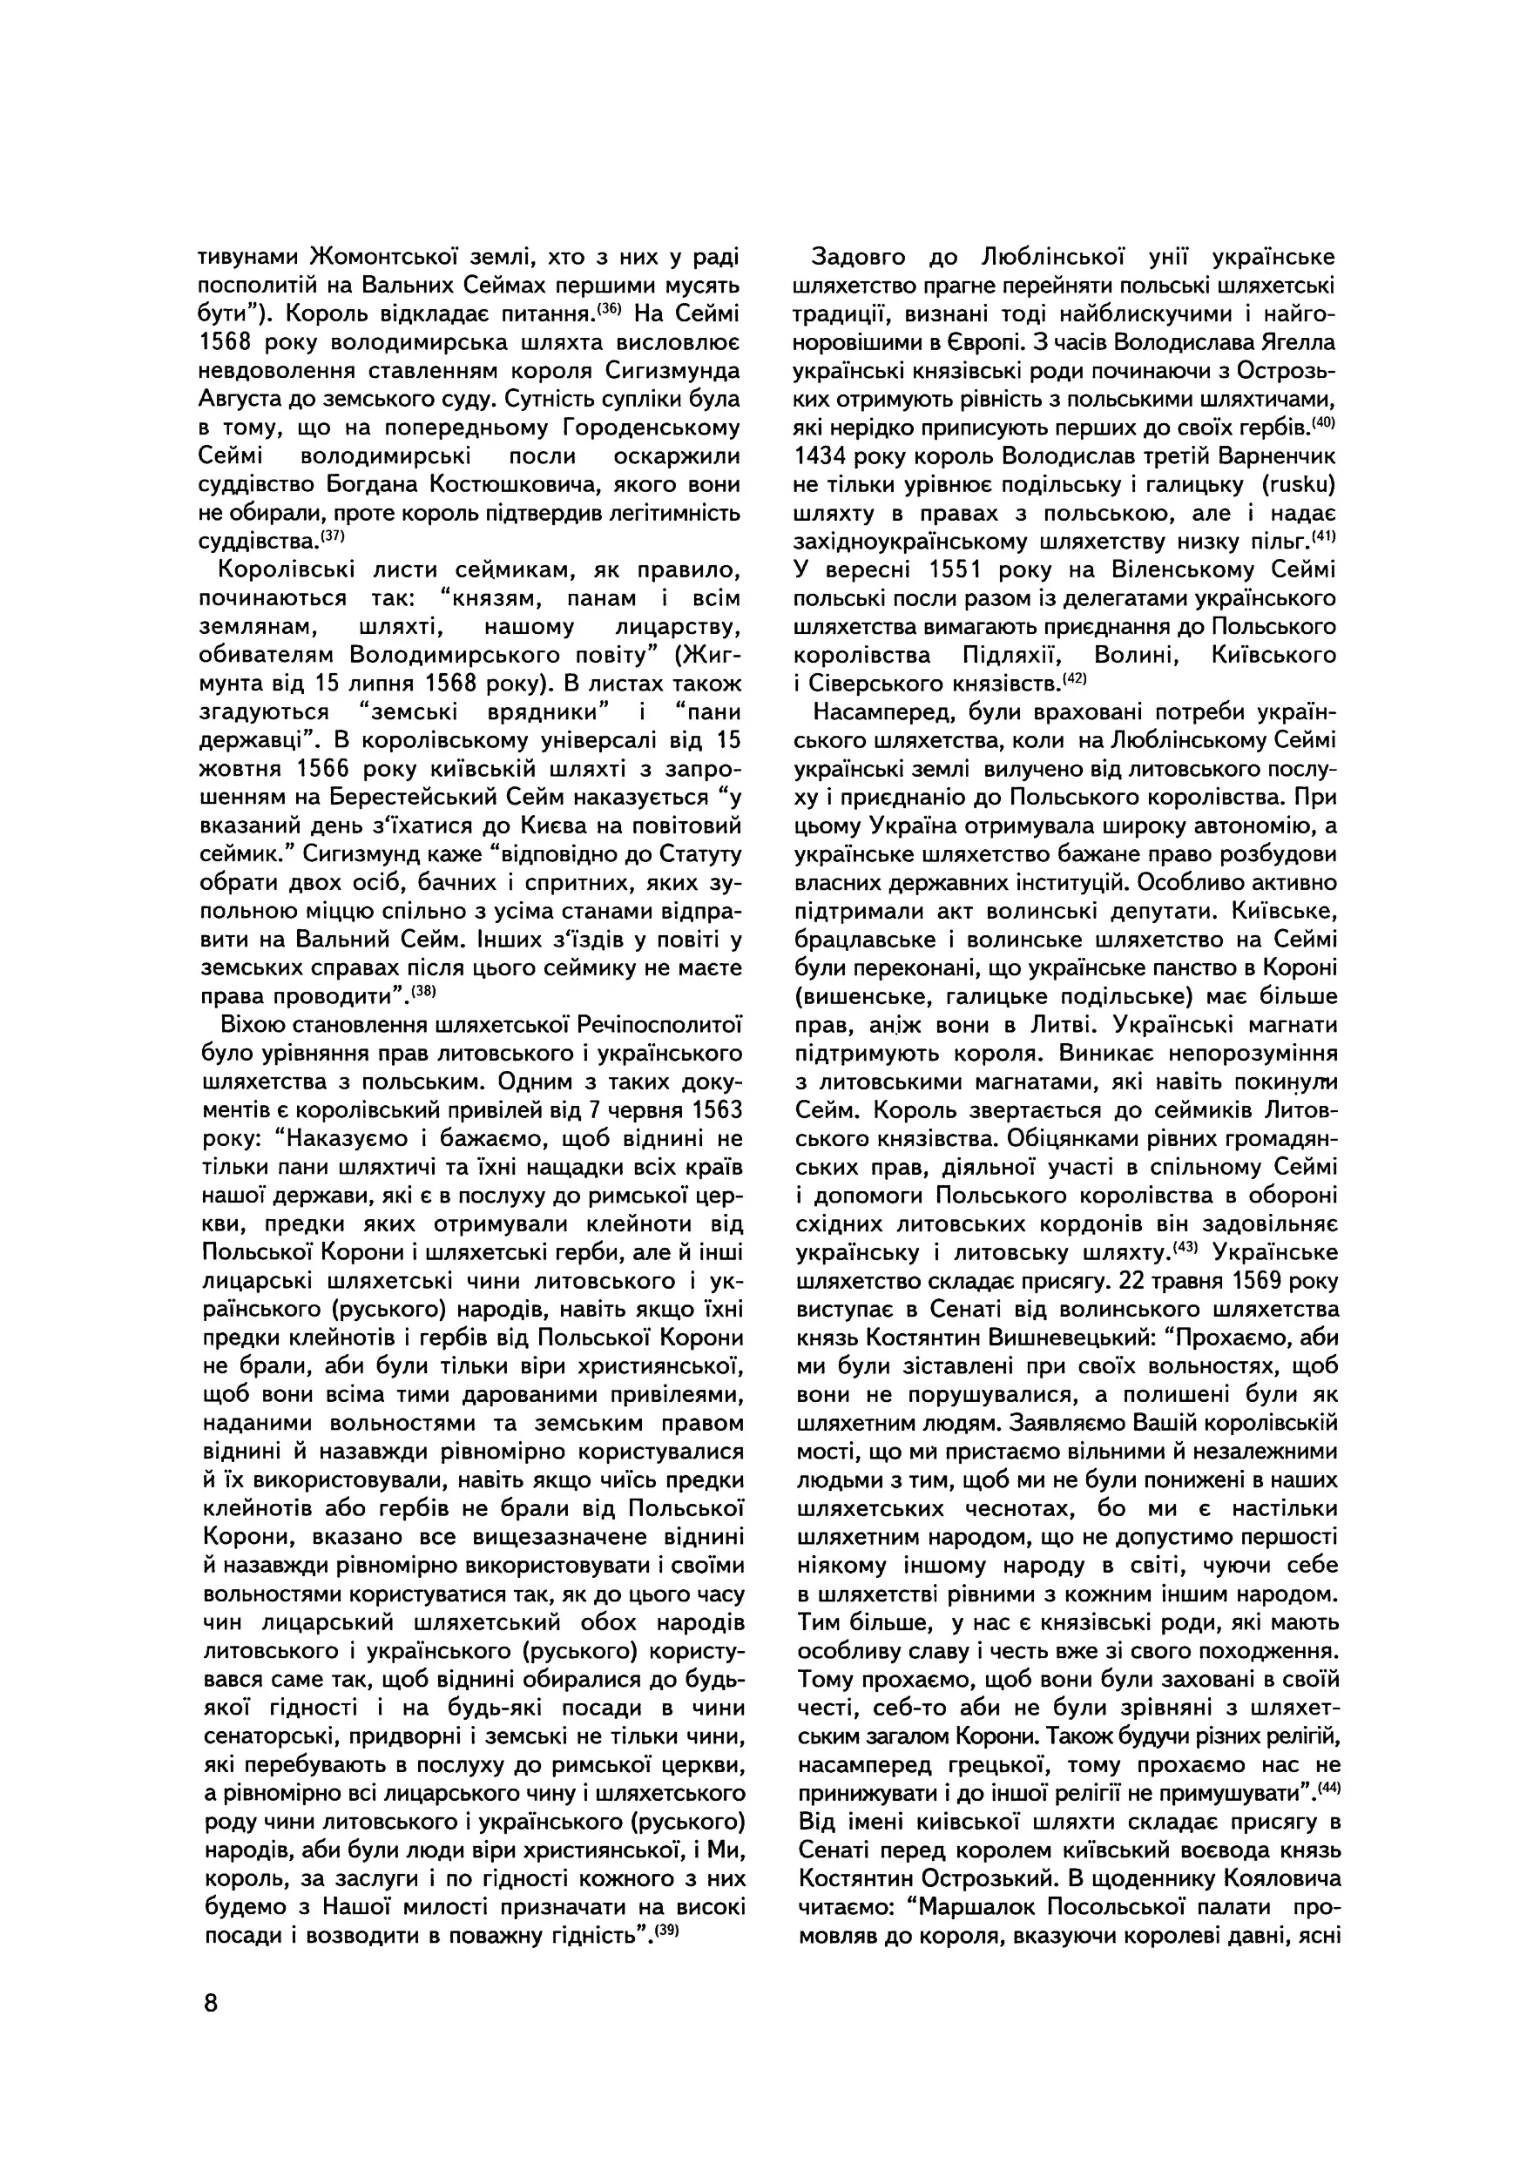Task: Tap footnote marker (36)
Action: [x=610, y=307]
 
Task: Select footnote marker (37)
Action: [x=332, y=535]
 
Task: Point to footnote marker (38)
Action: [x=423, y=990]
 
